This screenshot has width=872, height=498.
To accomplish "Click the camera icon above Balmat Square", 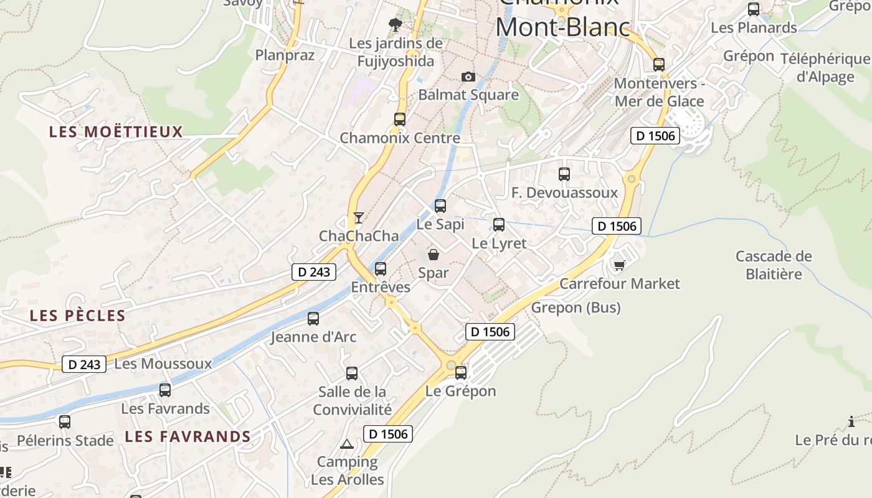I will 468,77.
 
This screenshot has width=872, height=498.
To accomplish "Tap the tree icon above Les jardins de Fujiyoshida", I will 395,25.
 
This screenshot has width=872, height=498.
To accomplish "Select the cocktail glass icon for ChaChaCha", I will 359,217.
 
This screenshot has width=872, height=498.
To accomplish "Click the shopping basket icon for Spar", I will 434,254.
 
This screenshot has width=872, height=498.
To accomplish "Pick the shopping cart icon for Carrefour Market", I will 619,265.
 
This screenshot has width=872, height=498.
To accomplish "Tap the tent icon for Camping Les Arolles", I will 347,444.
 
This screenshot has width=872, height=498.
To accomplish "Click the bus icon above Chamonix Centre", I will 400,119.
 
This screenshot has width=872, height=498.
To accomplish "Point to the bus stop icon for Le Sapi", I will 440,205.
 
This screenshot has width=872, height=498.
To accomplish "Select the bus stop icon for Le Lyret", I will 499,225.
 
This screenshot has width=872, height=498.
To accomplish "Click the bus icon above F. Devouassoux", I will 564,174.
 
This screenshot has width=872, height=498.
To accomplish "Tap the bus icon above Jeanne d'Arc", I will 313,319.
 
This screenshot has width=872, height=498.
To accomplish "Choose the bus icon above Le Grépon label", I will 461,373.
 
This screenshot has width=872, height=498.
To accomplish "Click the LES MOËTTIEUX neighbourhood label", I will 116,132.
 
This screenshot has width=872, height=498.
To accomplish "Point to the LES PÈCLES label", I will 78,316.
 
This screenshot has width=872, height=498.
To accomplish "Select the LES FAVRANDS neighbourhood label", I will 187,436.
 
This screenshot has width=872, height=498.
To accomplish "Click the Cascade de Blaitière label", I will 774,265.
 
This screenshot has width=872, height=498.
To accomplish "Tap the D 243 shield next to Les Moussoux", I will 84,364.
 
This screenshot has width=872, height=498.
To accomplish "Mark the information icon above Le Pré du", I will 851,422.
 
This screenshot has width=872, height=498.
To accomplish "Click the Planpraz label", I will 285,55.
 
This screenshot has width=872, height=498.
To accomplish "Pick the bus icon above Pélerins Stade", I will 65,422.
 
